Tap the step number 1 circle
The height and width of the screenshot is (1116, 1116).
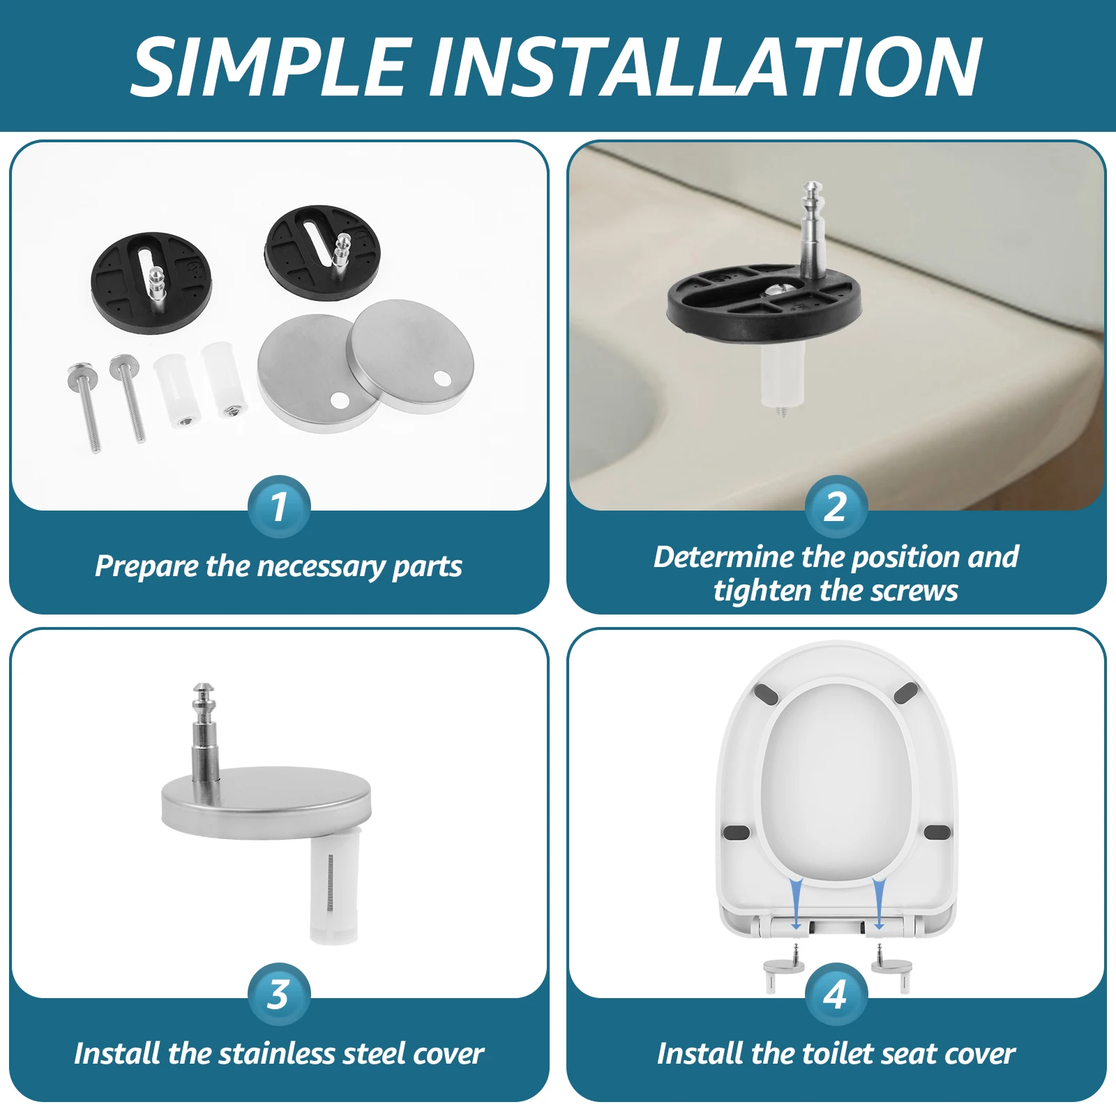tap(279, 507)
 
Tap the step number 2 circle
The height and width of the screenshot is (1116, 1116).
tap(836, 507)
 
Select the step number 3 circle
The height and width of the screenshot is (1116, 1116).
tap(279, 995)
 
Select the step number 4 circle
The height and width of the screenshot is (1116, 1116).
tap(836, 995)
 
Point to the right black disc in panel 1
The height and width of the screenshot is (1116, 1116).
tap(322, 252)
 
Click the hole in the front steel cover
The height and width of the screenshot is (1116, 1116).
tap(339, 400)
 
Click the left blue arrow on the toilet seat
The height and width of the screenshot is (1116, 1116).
tap(796, 903)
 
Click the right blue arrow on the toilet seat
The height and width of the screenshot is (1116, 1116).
tap(879, 903)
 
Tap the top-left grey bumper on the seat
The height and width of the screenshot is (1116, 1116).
tap(766, 695)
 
